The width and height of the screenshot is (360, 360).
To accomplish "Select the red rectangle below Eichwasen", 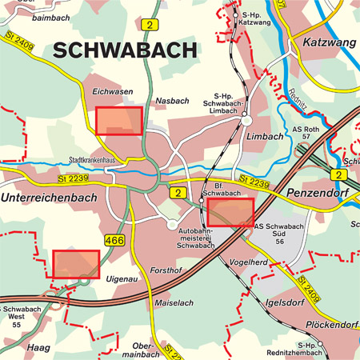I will pyautogui.click(x=118, y=120).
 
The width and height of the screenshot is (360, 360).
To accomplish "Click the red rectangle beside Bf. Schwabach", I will pyautogui.click(x=230, y=213).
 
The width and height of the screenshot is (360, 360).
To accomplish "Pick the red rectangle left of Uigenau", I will pyautogui.click(x=76, y=264).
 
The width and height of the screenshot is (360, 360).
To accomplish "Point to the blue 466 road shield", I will pyautogui.click(x=114, y=239).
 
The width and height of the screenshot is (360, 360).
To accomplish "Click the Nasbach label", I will pyautogui.click(x=171, y=101).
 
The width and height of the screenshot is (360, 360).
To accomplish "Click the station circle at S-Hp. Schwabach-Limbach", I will pyautogui.click(x=247, y=120).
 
